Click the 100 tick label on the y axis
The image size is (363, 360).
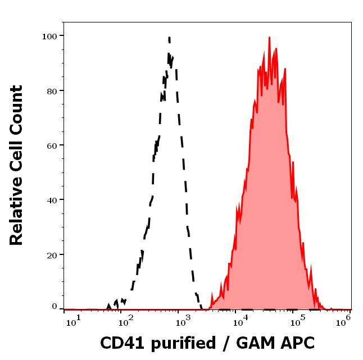coord(49,36)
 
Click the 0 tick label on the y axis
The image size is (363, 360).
coord(55,307)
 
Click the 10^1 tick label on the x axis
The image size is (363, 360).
coord(74,321)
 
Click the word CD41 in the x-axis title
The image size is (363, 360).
coord(120,343)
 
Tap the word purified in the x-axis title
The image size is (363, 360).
coord(180,343)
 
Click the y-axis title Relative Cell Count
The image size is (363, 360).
coord(17,166)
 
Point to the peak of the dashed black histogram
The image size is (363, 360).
coord(169,38)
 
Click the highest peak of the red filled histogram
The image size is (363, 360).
coord(269,38)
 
